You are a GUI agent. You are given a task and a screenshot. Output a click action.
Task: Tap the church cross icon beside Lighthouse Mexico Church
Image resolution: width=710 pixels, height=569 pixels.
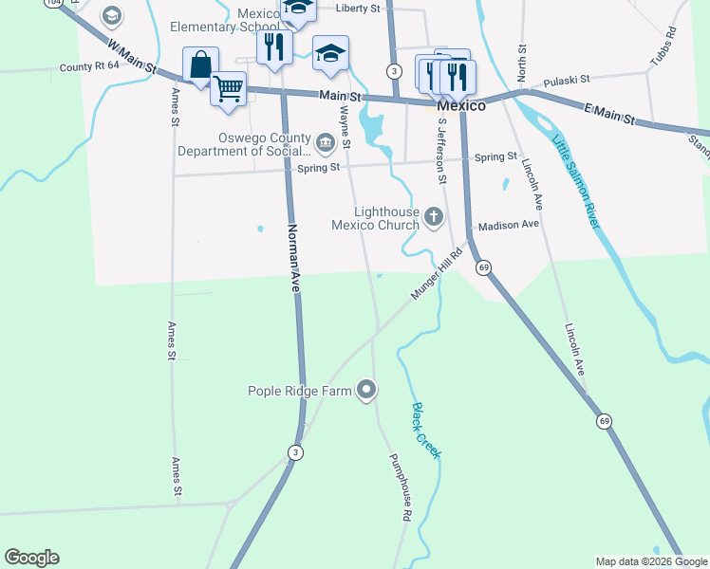(434, 218)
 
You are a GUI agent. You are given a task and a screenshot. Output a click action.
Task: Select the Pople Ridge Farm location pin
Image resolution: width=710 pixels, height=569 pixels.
(366, 390)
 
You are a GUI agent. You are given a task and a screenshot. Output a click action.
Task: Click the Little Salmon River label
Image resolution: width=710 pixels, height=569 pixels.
(575, 178)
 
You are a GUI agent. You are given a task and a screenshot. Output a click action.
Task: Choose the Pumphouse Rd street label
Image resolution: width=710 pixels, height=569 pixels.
(400, 486)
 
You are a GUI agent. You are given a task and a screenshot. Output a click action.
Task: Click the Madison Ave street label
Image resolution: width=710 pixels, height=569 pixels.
(508, 225)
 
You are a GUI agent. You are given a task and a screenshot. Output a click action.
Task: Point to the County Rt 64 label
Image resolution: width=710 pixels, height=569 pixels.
(89, 65)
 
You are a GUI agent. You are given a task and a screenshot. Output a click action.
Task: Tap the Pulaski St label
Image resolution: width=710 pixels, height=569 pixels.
(566, 80)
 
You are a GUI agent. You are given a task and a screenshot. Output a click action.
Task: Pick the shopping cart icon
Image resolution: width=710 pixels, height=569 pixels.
(229, 88)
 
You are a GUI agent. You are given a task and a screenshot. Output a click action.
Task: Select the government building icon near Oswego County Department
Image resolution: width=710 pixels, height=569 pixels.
(326, 144)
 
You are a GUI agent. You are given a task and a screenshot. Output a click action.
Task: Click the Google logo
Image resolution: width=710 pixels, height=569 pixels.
(31, 558)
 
